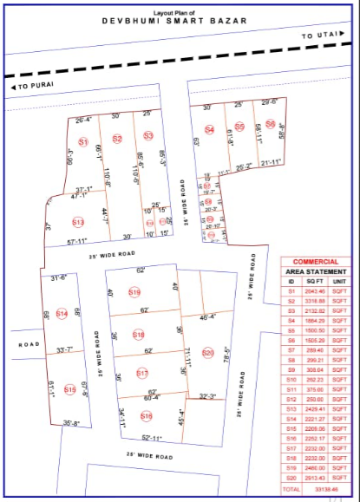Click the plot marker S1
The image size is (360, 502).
click(x=83, y=141)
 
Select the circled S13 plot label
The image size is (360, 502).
click(x=78, y=223)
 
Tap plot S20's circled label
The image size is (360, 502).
click(x=207, y=353)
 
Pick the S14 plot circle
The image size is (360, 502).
click(x=61, y=314)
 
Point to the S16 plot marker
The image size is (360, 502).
click(x=146, y=416)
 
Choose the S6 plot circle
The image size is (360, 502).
click(x=271, y=125)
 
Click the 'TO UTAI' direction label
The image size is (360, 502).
click(x=317, y=36)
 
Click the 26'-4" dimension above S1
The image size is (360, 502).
click(x=83, y=120)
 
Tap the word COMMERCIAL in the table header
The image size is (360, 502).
click(x=315, y=262)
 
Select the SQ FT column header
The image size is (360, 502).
click(x=316, y=282)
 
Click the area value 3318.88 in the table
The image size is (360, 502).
click(x=316, y=301)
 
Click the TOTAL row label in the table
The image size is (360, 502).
click(x=291, y=490)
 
